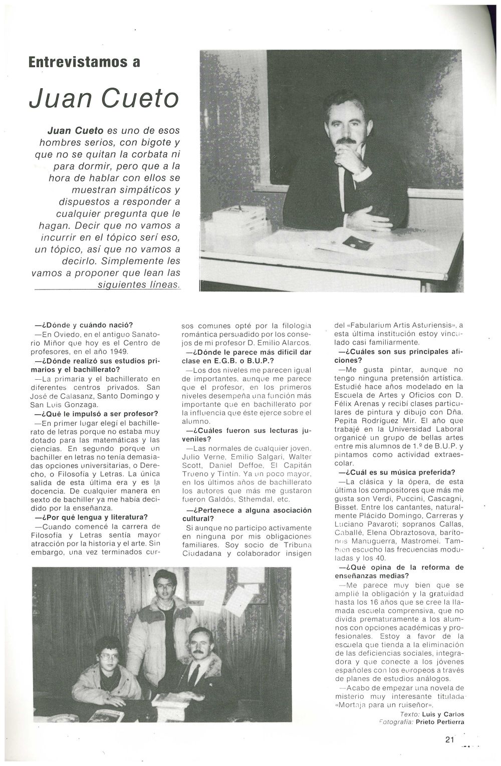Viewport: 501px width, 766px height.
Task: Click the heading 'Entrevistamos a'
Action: (84, 62)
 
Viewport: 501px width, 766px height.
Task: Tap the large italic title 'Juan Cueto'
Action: (104, 98)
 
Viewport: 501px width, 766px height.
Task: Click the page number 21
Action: (449, 739)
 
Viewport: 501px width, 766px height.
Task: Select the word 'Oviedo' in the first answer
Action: (66, 334)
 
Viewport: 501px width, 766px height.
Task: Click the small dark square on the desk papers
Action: (358, 243)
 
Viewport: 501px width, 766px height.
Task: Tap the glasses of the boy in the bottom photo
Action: (109, 656)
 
